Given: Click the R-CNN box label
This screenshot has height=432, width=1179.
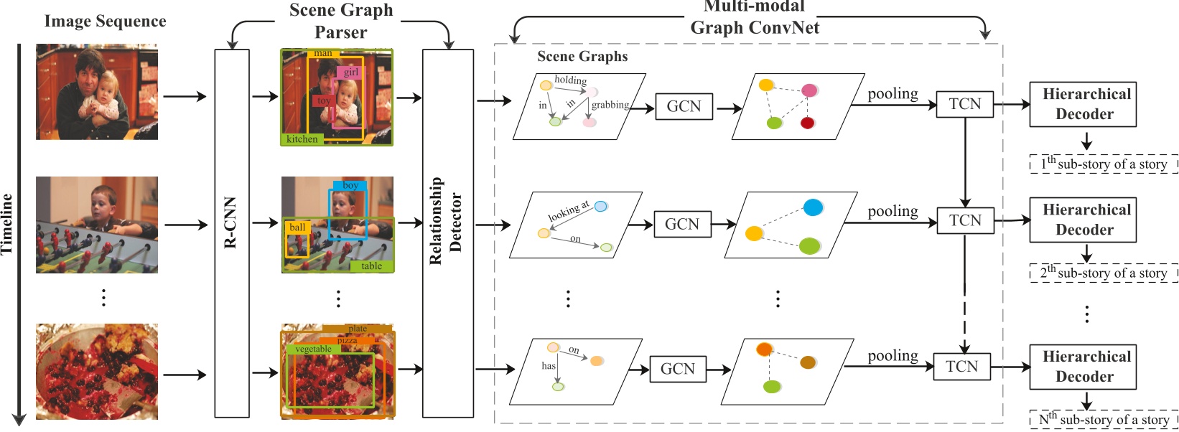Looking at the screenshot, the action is pos(230,222).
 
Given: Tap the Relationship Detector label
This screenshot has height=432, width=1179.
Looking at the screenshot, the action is pos(445,221).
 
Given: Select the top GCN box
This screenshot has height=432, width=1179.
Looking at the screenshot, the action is pos(684,106).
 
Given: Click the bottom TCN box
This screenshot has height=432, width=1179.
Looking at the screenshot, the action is pos(961,366).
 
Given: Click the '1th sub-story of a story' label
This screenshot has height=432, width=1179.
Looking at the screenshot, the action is pos(1104,164).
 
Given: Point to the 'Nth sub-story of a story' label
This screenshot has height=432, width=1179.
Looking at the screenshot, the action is pos(1104,419).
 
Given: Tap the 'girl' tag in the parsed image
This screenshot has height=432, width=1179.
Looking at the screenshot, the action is pos(350,72).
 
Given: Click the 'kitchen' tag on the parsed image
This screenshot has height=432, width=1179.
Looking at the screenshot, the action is pos(302,139).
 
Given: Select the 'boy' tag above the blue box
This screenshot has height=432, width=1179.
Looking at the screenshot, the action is pos(350,185).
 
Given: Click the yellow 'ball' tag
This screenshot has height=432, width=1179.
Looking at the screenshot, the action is pos(297,227).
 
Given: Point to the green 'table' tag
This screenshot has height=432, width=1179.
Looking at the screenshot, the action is pos(372,266).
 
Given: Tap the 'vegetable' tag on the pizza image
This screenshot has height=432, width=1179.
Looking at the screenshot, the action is pos(313,349).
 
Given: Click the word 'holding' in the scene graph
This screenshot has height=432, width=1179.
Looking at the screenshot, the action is pos(571,80).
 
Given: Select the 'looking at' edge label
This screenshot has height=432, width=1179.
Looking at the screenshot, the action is pos(569,212).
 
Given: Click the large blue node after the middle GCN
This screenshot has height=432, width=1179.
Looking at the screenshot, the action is pos(813,207).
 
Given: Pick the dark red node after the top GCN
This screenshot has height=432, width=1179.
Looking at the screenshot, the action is pos(807,123).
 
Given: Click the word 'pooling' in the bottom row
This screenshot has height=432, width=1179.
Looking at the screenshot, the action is pos(893,356).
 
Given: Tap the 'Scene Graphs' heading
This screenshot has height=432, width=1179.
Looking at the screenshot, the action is pos(582,56).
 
